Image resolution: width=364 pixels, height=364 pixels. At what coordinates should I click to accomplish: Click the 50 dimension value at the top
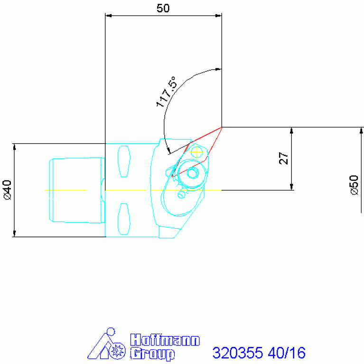coord(163,9)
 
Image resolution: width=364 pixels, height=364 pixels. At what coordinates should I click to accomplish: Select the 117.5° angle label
coord(166,92)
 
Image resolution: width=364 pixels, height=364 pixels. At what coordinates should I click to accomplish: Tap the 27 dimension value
coord(283,159)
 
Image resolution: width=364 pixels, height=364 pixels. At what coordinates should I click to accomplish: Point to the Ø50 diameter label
coord(354,185)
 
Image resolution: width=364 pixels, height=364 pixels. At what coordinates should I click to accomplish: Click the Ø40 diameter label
coord(8,190)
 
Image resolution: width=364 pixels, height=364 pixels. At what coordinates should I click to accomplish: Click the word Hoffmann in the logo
coord(165,340)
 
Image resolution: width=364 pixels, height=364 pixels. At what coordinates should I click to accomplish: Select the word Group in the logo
coord(152,354)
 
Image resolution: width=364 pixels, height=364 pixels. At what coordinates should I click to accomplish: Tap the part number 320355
coord(238,353)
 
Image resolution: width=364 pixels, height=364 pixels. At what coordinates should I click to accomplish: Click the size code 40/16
coord(287,353)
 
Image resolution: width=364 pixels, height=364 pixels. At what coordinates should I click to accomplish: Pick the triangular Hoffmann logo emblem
coord(106,344)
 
